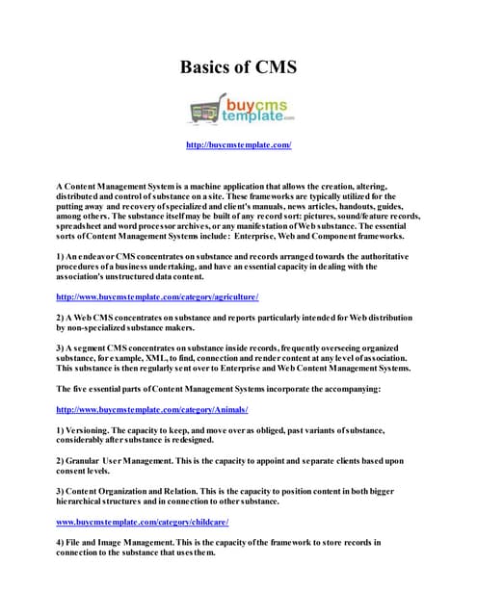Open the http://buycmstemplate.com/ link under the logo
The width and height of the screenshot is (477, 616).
point(238,145)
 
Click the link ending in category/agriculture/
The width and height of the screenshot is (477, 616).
point(157,296)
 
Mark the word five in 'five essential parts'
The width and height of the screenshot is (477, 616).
point(82,388)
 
